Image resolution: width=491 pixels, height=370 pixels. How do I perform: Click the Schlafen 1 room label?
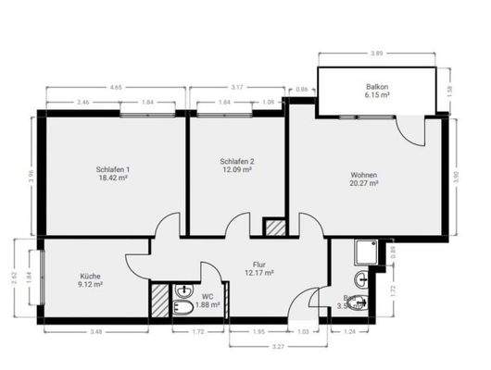point(112,169)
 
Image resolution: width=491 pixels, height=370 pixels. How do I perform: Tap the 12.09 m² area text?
point(237,170)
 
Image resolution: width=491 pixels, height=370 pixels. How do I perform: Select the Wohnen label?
point(364,175)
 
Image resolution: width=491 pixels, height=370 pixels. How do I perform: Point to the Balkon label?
point(377,87)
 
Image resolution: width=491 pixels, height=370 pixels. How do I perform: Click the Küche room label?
point(90,276)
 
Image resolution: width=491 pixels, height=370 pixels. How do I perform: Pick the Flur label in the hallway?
point(259,265)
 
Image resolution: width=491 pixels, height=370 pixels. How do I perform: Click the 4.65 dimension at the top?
point(115,87)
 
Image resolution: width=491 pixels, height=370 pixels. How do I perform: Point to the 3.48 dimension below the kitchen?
point(95,331)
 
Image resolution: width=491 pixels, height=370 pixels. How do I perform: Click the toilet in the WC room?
point(183,306)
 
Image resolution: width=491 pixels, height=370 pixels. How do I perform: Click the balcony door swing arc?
point(408,130)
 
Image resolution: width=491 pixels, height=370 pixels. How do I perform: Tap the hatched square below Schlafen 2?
point(275,227)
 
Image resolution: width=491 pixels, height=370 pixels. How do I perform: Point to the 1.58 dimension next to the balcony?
point(450,90)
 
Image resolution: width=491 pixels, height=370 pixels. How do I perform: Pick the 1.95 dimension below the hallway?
point(259,331)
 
